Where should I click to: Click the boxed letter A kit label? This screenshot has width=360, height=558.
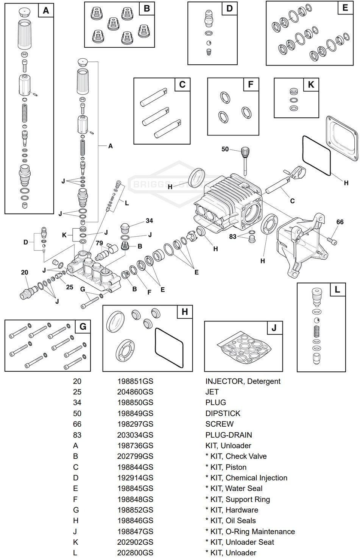(46, 11)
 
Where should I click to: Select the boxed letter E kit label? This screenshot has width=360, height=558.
(344, 8)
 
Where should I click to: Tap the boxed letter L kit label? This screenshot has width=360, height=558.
(337, 290)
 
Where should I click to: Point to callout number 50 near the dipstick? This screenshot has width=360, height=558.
(225, 149)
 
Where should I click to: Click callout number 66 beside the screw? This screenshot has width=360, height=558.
(340, 222)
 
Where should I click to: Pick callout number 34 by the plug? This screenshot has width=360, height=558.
(150, 221)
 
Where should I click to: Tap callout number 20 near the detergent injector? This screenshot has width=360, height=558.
(25, 272)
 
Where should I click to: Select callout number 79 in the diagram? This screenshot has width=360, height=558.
(99, 243)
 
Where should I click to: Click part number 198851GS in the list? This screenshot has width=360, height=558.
(135, 381)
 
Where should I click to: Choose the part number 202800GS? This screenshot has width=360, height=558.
(135, 553)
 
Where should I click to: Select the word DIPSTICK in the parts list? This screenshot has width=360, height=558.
(223, 413)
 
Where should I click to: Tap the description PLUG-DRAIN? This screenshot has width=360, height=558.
(228, 435)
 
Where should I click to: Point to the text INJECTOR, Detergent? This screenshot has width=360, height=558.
(243, 381)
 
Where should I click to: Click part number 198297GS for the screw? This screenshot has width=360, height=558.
(135, 424)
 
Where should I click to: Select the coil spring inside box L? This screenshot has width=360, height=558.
(316, 332)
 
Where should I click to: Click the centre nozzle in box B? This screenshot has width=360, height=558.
(112, 24)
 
